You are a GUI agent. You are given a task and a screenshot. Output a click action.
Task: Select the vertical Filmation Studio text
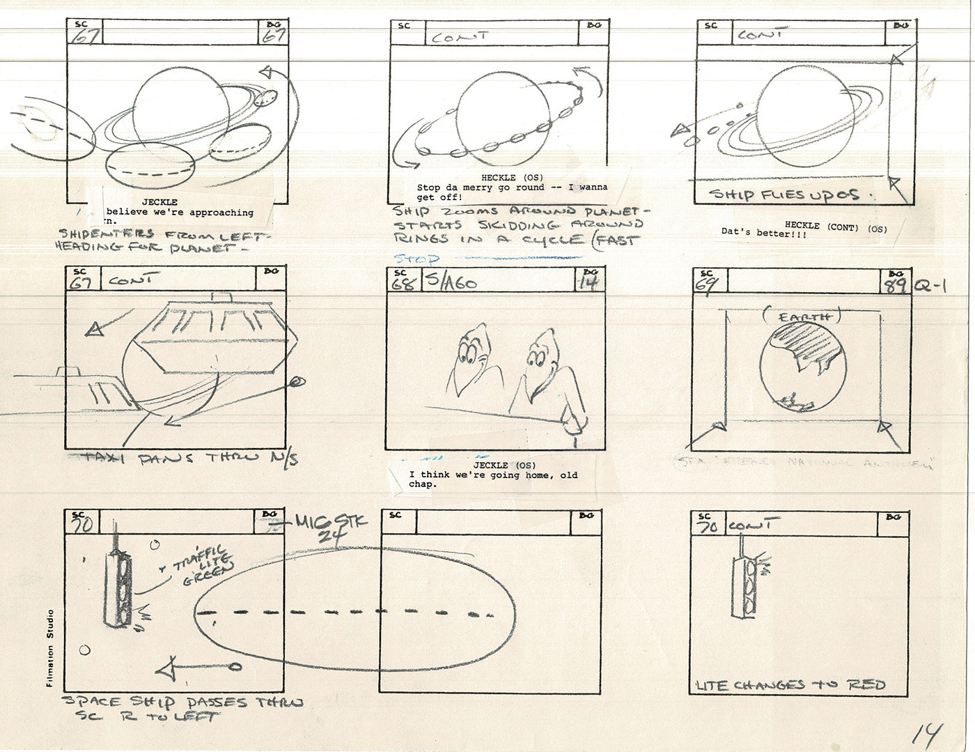pyautogui.click(x=50, y=648)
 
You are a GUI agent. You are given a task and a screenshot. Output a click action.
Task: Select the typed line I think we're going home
pyautogui.click(x=493, y=476)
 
